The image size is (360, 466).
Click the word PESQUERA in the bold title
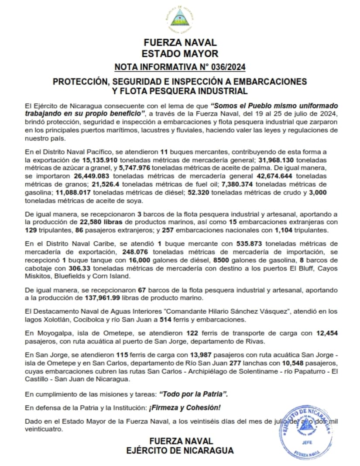tap(171, 91)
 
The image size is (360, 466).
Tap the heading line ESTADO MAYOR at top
tap(180, 54)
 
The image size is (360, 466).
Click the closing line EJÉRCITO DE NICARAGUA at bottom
tap(180, 450)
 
